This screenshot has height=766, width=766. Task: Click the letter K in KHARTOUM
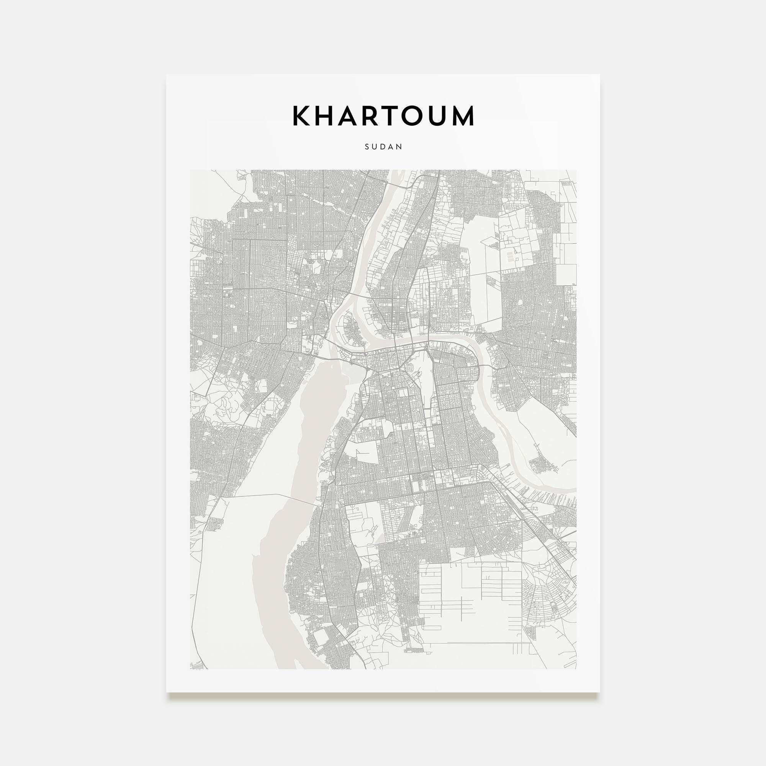302,116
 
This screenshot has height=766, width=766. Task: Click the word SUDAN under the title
383,147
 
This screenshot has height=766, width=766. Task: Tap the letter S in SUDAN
367,147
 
